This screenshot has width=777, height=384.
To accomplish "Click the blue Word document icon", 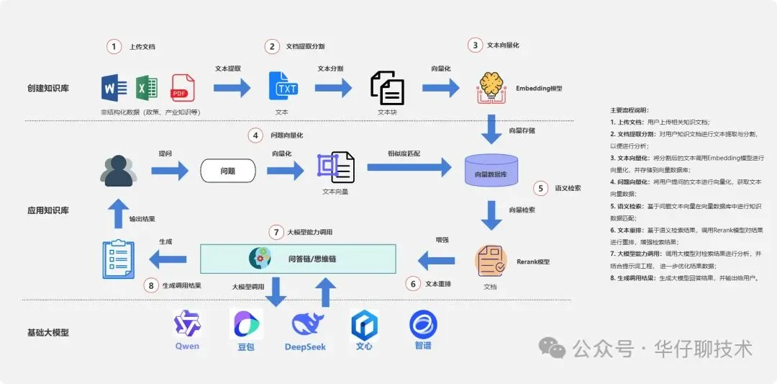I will tap(114, 89).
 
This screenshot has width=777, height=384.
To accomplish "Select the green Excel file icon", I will tap(147, 88).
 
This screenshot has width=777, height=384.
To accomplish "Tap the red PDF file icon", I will tap(183, 88).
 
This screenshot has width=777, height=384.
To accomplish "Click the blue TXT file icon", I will tap(282, 86).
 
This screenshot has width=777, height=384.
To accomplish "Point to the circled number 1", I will tap(114, 46).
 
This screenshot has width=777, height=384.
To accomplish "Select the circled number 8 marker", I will tap(150, 285).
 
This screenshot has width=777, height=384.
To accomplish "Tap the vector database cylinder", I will tap(491, 171).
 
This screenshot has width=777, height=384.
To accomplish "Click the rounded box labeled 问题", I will tap(227, 170).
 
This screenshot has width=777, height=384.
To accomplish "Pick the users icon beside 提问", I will tap(119, 171).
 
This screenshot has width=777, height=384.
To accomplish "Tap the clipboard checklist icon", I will tap(118, 259).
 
